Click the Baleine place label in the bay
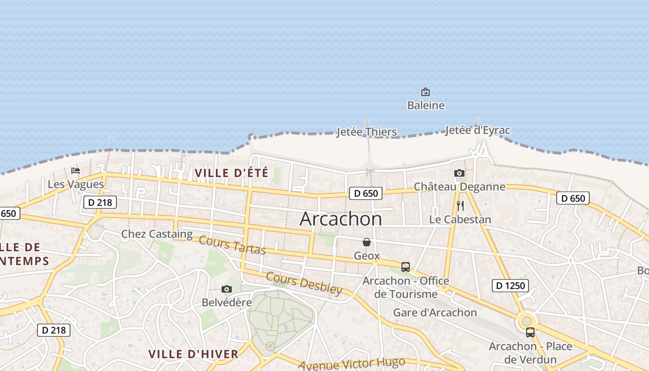tap(426, 105)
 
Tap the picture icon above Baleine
tap(425, 92)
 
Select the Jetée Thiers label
tap(366, 132)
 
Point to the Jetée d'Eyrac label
tap(477, 130)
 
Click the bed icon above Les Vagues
tap(76, 171)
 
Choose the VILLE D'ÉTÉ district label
tap(231, 173)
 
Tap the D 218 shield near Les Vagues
tap(100, 202)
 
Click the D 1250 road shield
tap(510, 286)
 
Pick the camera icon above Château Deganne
tap(459, 173)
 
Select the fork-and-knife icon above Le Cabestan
tap(460, 206)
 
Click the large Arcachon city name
tap(341, 218)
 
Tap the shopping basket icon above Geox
tap(367, 242)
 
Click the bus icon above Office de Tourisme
tap(406, 267)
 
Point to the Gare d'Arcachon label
tap(435, 313)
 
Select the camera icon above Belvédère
tap(227, 289)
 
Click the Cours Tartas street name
tap(232, 245)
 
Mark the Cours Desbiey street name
tap(304, 283)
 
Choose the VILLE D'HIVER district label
tap(193, 354)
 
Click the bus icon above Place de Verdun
tap(530, 333)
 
